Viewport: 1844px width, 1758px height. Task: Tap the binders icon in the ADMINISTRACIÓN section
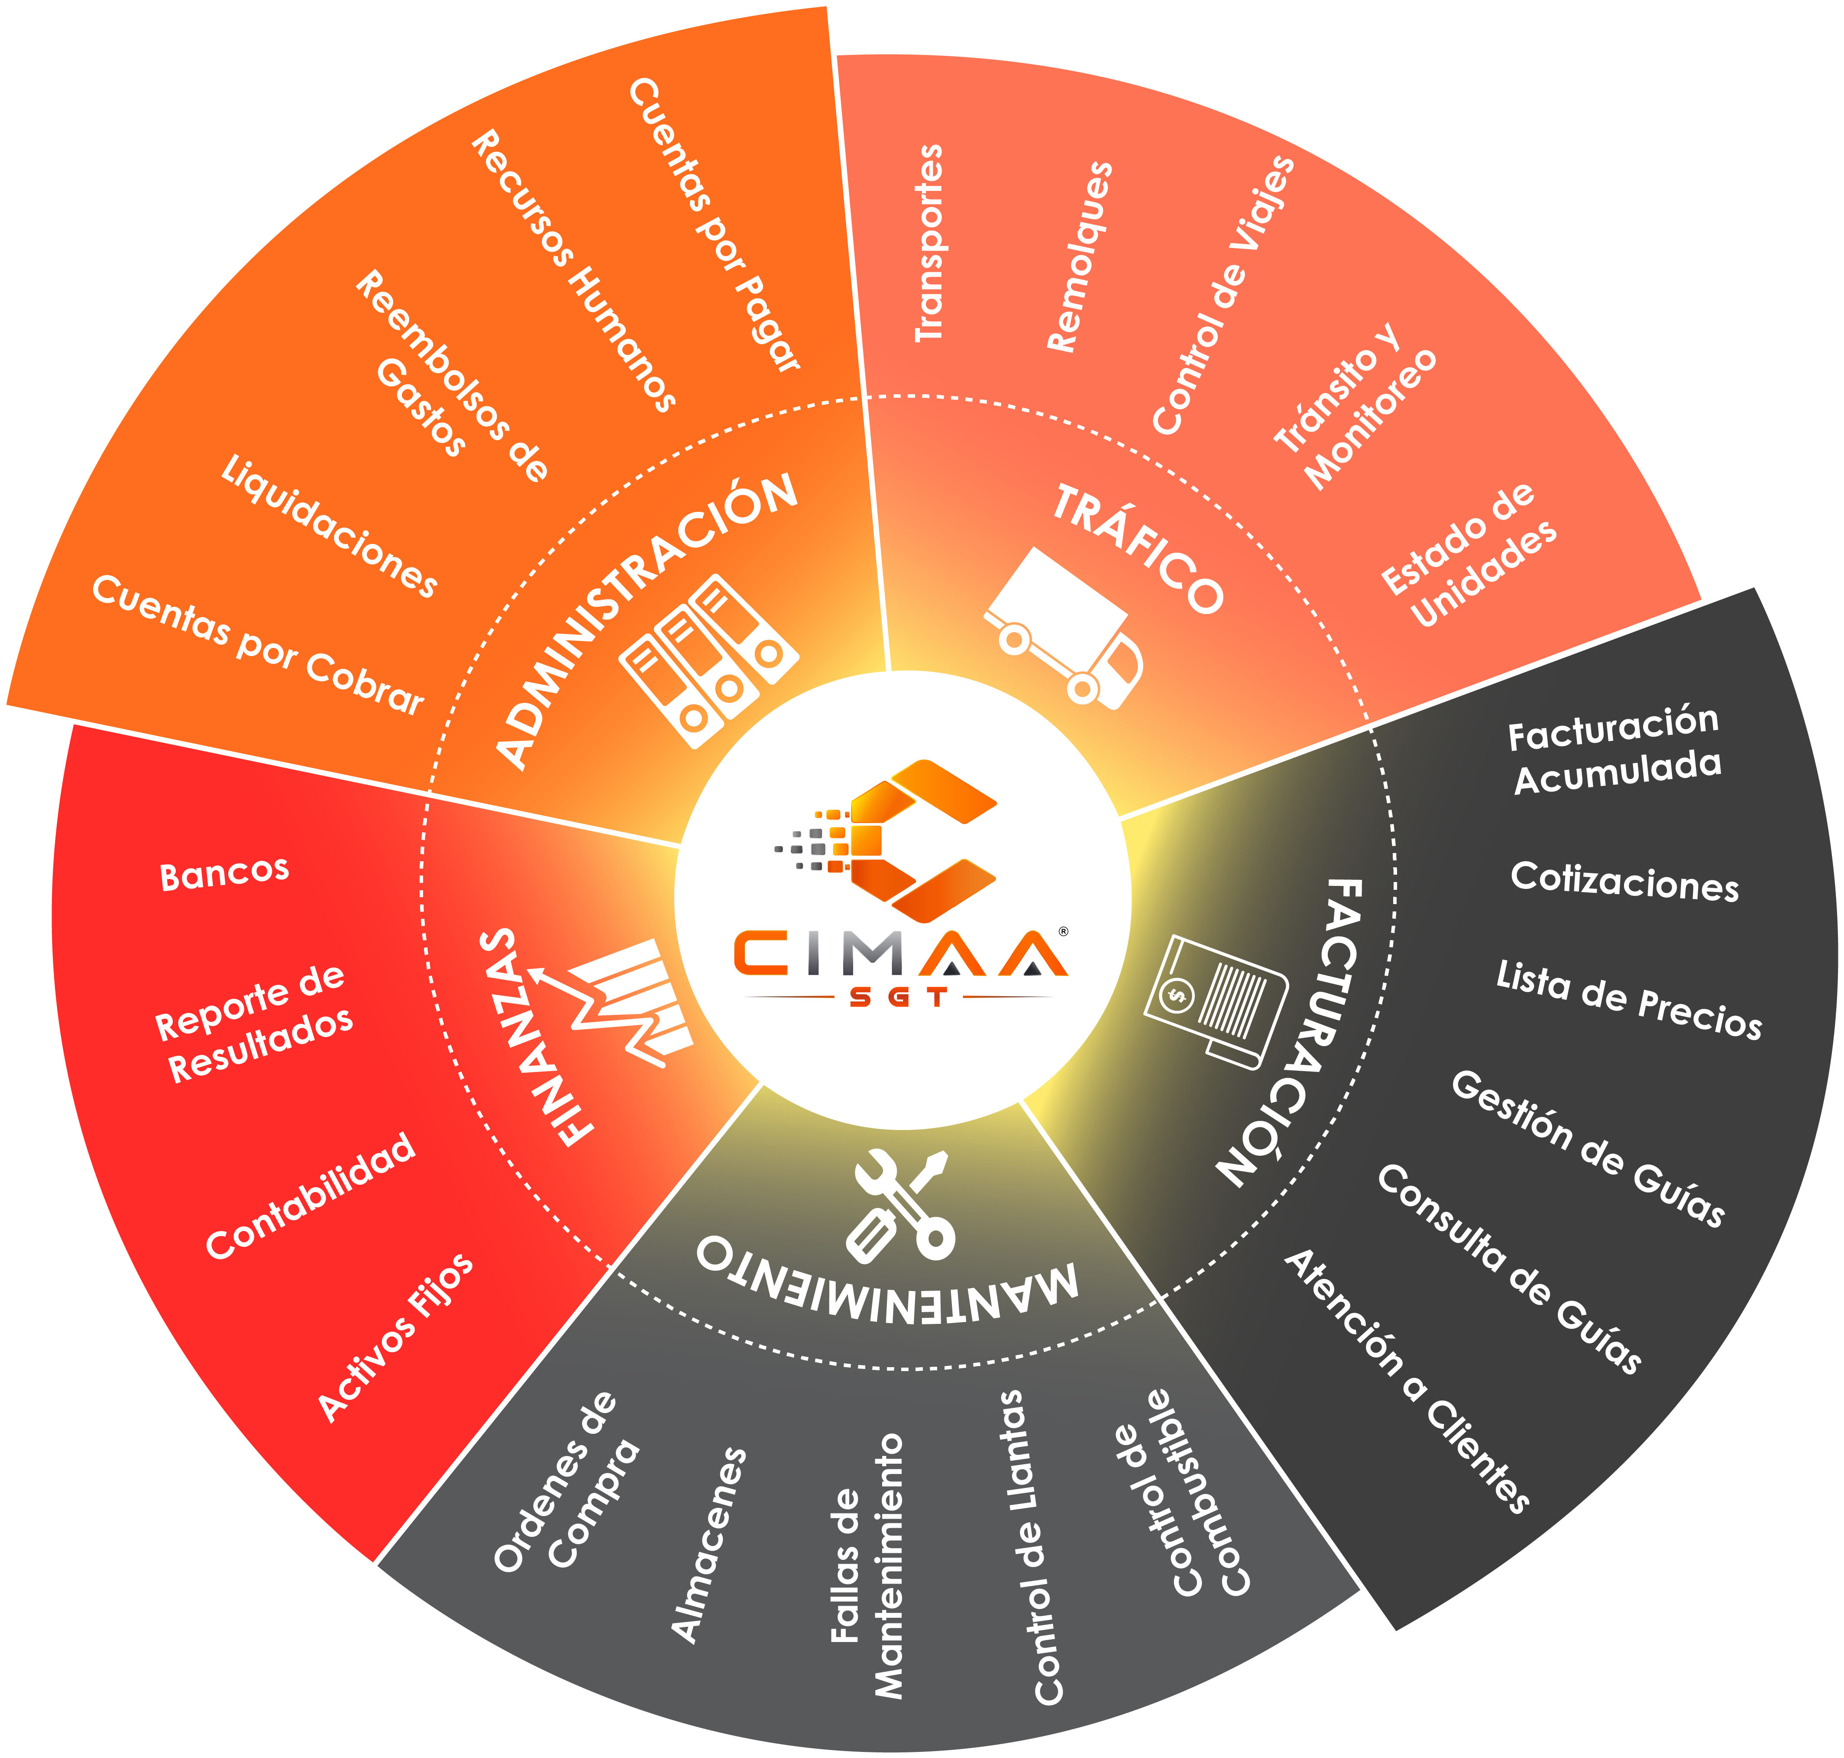point(709,660)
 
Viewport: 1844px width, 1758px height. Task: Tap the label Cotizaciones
point(1624,882)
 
